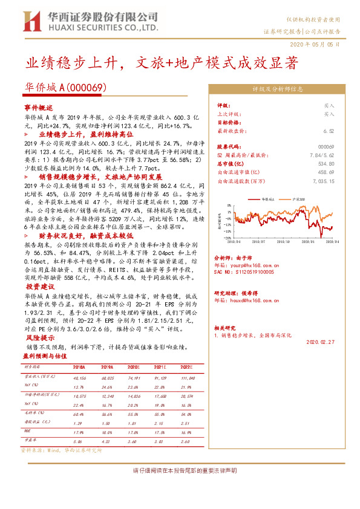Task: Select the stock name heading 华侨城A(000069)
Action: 65,88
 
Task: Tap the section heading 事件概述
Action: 38,106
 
